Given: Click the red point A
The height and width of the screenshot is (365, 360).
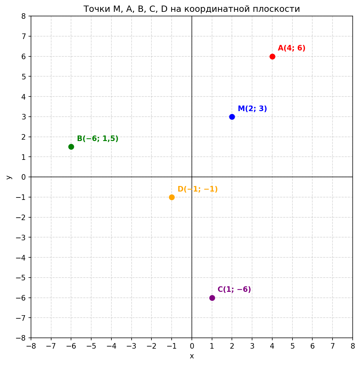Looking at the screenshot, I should (x=272, y=56).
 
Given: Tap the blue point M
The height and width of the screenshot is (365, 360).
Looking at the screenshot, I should (x=232, y=117).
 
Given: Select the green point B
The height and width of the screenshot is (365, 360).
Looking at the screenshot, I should (x=71, y=147).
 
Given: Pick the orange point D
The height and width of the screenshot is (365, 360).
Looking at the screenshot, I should (x=172, y=197).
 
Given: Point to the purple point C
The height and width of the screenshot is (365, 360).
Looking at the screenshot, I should (x=212, y=298).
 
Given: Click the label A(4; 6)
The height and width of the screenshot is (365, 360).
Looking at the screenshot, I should (x=291, y=48).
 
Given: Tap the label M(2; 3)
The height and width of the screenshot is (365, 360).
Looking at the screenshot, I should (x=252, y=109).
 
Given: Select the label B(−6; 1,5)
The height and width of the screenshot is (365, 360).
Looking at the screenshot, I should (x=97, y=139).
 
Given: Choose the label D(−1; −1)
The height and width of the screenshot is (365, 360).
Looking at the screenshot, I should (x=197, y=189).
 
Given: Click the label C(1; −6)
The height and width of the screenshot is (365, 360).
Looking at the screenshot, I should (x=234, y=289).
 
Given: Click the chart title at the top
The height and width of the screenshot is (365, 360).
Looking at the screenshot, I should (x=191, y=9).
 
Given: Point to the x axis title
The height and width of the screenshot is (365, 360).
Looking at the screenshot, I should (x=191, y=356).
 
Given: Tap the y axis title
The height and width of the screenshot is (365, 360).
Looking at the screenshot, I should (x=9, y=177).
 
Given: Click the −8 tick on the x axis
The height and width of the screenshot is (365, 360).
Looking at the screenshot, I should (x=31, y=346).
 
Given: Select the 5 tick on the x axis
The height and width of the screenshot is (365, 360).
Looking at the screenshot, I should (x=292, y=346).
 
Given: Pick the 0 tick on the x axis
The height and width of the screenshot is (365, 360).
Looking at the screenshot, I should (x=192, y=346).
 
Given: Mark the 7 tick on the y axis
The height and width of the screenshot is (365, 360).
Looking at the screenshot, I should (x=24, y=36).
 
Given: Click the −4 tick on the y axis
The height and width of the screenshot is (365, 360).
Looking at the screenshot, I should (x=22, y=257).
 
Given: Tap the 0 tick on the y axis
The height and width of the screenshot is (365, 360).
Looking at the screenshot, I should (x=24, y=177).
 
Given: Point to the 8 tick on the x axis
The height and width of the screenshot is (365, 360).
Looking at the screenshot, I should (x=353, y=346).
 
